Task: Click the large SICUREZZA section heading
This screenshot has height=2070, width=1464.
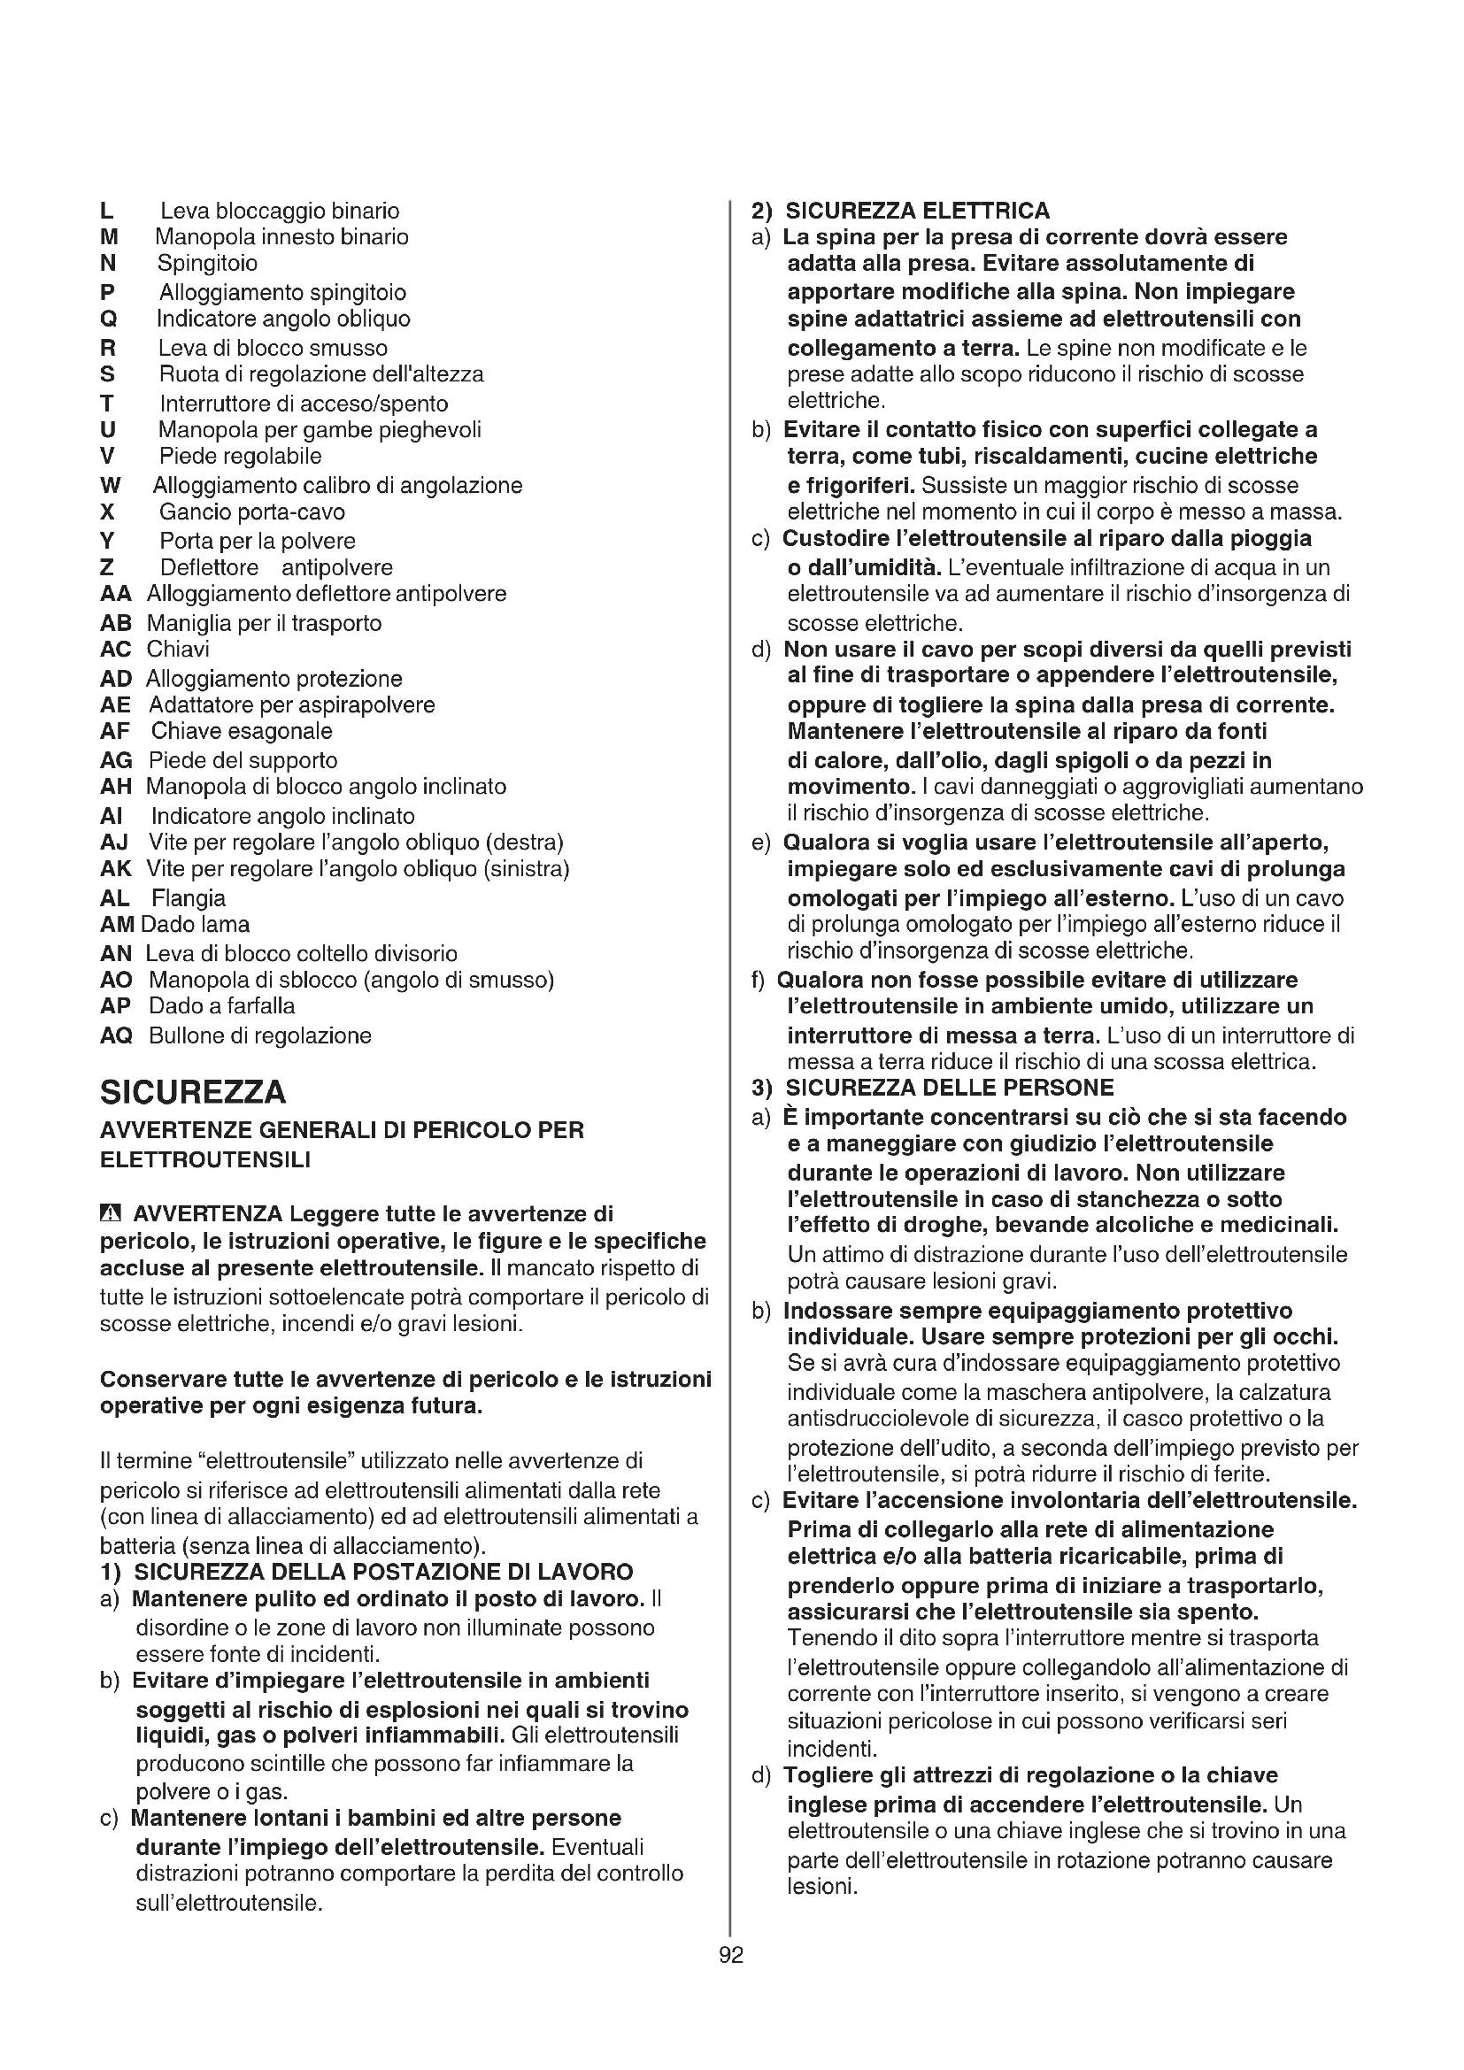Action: point(193,1092)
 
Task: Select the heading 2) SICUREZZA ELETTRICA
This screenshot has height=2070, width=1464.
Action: point(901,211)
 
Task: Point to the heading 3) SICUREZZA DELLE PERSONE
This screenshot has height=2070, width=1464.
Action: point(933,1088)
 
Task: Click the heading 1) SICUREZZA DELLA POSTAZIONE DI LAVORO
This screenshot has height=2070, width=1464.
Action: point(367,1573)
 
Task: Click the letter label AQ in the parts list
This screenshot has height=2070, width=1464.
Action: point(116,1036)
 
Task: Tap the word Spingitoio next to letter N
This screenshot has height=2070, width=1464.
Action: point(207,263)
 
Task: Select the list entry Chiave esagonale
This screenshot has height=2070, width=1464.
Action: point(242,731)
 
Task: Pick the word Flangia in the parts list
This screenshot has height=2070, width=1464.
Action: point(189,898)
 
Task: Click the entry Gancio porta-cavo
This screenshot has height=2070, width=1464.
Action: point(252,512)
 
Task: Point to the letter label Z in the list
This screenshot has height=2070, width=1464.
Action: point(106,568)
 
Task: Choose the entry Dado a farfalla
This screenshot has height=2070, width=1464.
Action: point(222,1006)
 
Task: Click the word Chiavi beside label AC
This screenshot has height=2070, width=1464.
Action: point(178,649)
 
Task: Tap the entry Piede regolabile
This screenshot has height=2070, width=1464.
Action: point(240,456)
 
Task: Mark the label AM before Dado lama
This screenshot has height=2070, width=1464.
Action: point(117,924)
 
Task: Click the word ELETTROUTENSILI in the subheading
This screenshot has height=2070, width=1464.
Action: point(204,1159)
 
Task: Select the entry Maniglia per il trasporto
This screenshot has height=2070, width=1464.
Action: point(264,623)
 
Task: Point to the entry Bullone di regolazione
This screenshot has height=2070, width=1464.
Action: point(259,1036)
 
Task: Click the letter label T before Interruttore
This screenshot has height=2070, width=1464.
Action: point(106,403)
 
